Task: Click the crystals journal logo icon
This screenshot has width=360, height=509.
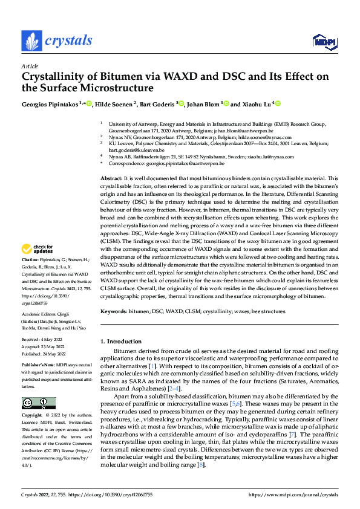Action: click(31, 41)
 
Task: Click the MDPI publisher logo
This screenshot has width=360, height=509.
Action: click(322, 41)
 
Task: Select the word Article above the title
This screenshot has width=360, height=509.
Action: click(30, 66)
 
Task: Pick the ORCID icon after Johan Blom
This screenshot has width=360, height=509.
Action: click(227, 104)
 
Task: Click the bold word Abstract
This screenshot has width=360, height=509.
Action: click(111, 179)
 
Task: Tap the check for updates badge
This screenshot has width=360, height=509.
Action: click(38, 266)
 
